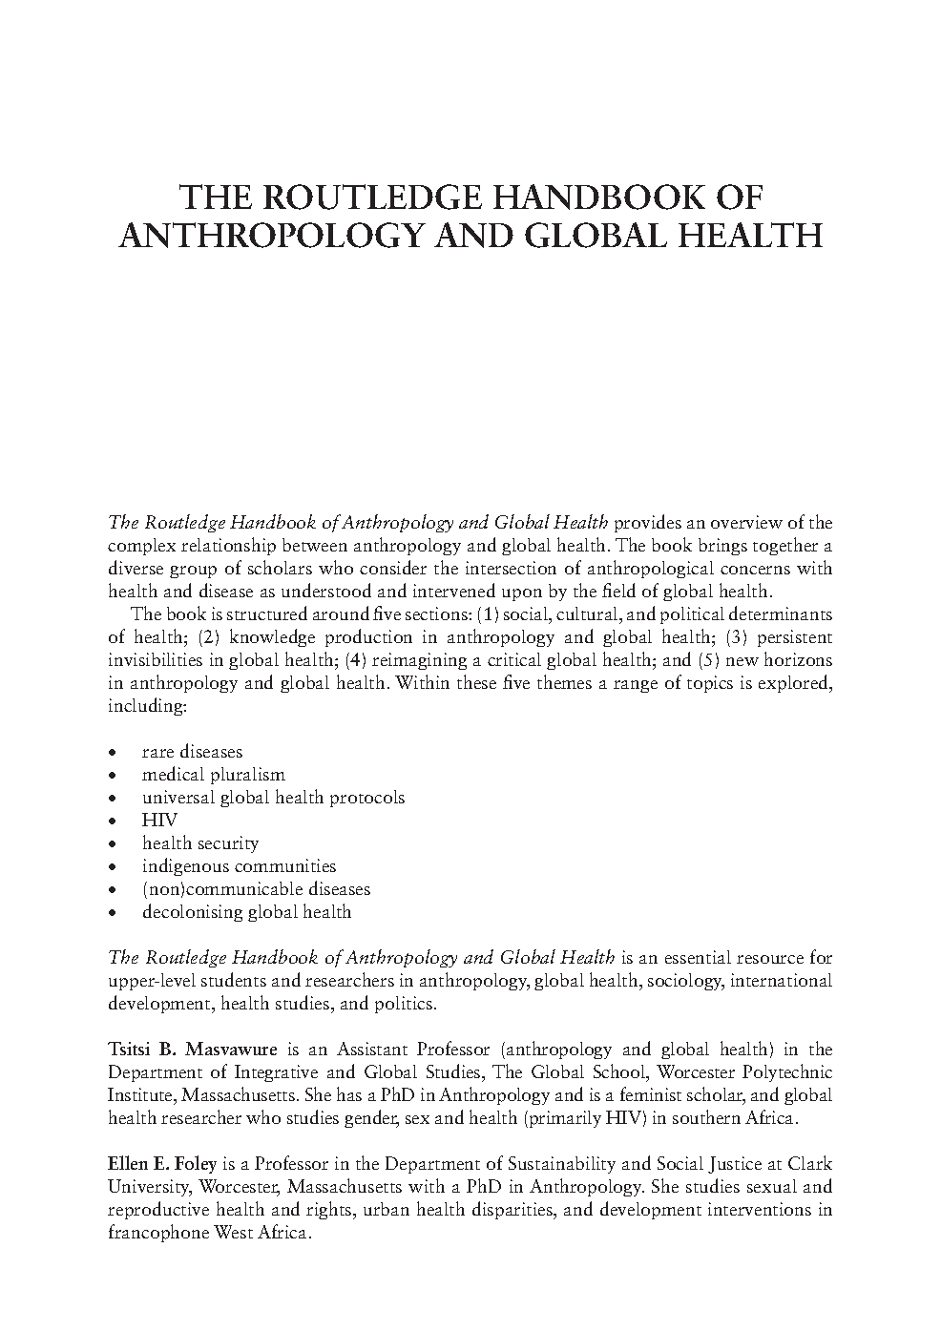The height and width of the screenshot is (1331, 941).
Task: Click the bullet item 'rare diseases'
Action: pyautogui.click(x=192, y=752)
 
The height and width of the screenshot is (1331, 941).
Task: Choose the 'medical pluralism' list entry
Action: pyautogui.click(x=214, y=775)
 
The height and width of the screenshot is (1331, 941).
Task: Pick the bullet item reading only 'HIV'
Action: pyautogui.click(x=159, y=821)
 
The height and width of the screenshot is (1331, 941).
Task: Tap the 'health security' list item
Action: pyautogui.click(x=200, y=843)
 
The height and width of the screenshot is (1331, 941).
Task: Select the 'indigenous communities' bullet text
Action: pyautogui.click(x=239, y=866)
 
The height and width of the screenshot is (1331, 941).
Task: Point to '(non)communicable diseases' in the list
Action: pyautogui.click(x=256, y=889)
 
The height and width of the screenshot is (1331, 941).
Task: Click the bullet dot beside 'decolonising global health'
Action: pyautogui.click(x=115, y=913)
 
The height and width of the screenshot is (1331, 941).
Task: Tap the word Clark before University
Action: pyautogui.click(x=809, y=1165)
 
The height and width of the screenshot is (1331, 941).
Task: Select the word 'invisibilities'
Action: pyautogui.click(x=159, y=660)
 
